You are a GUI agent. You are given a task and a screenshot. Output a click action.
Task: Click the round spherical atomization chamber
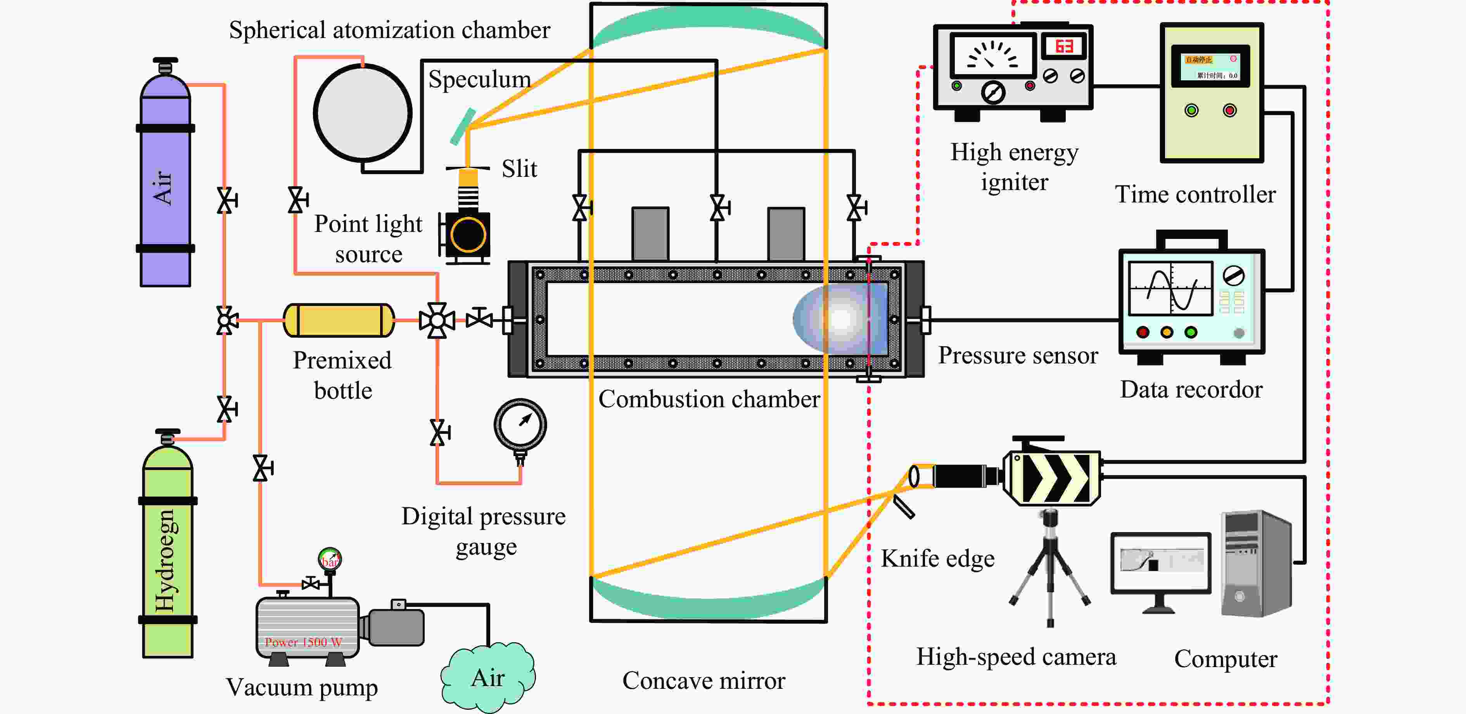tap(363, 112)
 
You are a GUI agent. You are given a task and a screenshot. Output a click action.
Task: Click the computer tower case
tap(1255, 563)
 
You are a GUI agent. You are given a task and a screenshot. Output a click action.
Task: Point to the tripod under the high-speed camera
tap(1050, 569)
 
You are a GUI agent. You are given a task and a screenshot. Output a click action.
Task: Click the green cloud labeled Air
tap(488, 677)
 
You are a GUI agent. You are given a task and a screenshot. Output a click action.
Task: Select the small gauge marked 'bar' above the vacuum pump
tap(330, 559)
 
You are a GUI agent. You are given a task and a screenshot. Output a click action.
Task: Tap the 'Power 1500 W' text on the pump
tap(303, 642)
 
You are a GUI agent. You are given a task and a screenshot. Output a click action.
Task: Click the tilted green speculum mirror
tap(463, 126)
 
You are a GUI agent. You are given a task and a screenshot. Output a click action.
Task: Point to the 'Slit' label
tap(519, 169)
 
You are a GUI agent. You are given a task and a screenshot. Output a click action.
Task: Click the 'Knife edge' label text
tap(937, 559)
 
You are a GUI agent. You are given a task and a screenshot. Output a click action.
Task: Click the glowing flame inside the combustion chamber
tap(840, 318)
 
